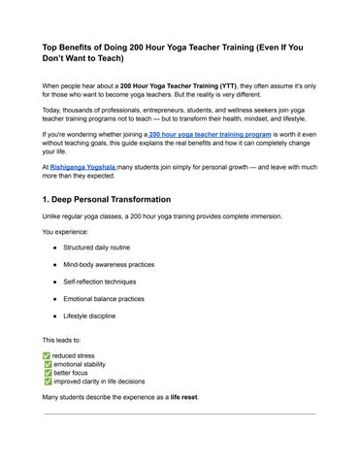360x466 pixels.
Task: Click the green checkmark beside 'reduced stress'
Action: pyautogui.click(x=49, y=355)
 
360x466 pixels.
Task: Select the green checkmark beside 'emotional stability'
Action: pyautogui.click(x=49, y=364)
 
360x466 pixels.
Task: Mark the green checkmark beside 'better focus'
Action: pyautogui.click(x=49, y=373)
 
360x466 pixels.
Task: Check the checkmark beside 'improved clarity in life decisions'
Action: pyautogui.click(x=49, y=382)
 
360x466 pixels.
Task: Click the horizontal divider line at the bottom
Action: pyautogui.click(x=180, y=414)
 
